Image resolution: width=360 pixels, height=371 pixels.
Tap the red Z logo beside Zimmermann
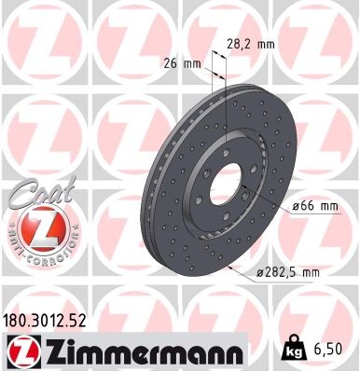click(x=19, y=350)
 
